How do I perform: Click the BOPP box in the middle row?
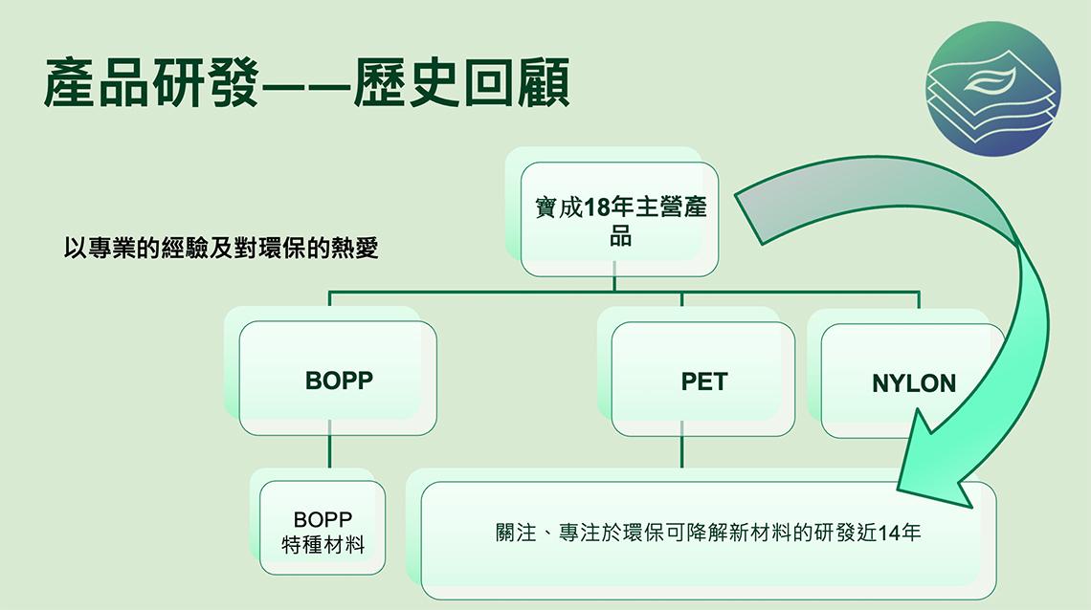point(338,378)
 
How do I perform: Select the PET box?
point(702,380)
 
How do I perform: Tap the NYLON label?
point(914,382)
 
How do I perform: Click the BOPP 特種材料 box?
point(323,528)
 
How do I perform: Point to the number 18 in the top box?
point(596,207)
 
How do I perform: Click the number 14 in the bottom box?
point(890,533)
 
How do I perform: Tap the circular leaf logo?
point(992,88)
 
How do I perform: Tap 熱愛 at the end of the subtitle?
point(355,248)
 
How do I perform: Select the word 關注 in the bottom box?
point(516,533)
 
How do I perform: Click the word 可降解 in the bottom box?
point(697,533)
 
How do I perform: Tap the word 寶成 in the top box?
point(559,207)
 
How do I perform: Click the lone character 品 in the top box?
point(621,236)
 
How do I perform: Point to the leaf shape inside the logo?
point(991,82)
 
